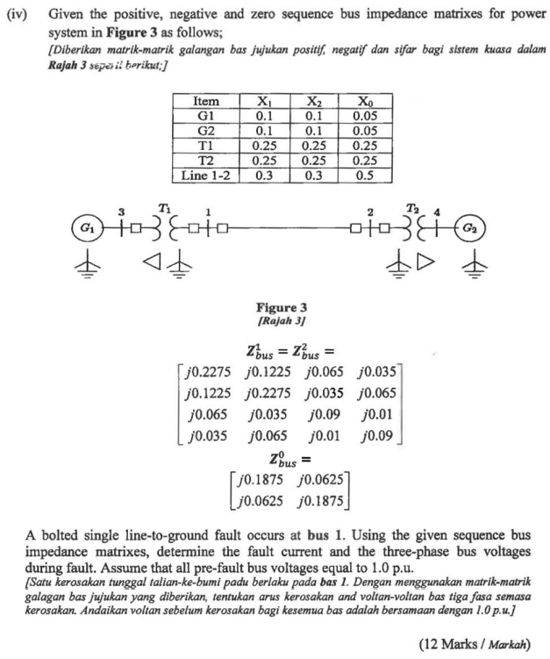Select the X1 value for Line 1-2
coord(264,175)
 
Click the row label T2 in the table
coord(207,160)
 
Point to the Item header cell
coord(207,102)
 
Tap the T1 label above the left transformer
coord(165,206)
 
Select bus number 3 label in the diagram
coord(122,211)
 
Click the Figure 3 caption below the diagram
coord(281,308)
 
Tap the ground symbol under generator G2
coord(476,266)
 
